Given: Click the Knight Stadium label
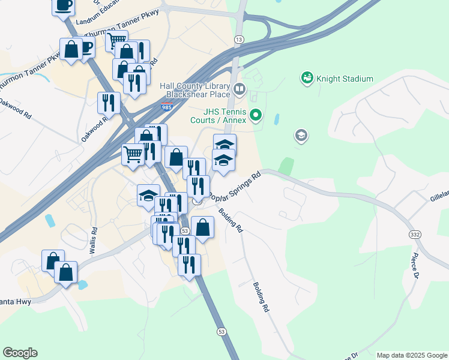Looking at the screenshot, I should click(345, 79).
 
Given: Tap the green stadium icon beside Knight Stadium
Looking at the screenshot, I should click(307, 78).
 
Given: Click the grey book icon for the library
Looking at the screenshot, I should click(240, 90).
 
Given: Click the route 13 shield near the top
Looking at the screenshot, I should click(239, 39).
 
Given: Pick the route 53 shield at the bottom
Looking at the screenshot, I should click(221, 332).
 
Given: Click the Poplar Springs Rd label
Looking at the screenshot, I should click(235, 185).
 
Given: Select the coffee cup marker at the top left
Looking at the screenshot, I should click(64, 6).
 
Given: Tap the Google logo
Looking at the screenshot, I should click(20, 353).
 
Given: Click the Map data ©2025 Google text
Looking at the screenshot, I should click(411, 355).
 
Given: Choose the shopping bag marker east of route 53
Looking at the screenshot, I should click(203, 228).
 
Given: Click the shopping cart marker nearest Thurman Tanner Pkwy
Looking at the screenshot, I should click(116, 41).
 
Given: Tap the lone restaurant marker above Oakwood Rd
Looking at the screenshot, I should click(109, 103).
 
